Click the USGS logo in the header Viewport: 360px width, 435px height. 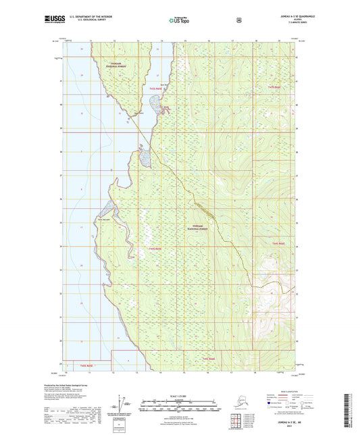[55, 20]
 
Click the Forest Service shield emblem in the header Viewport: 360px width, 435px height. [238, 20]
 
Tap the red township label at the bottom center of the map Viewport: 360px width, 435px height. [207, 358]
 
